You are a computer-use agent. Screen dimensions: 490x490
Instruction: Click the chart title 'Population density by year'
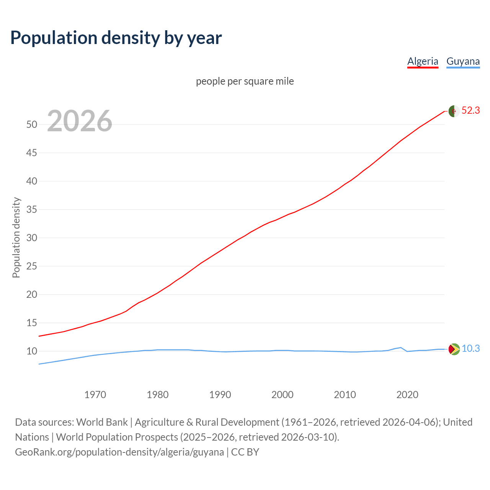pos(116,38)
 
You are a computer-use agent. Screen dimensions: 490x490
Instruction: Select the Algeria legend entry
pos(423,61)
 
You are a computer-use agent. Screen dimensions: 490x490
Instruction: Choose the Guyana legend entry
pos(463,61)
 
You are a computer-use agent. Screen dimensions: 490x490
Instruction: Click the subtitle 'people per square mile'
pos(245,81)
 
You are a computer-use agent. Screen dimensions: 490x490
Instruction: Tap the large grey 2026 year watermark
pos(80,121)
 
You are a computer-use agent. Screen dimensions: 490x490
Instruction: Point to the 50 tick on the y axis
pos(32,124)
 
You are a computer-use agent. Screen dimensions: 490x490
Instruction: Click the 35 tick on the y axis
pos(32,209)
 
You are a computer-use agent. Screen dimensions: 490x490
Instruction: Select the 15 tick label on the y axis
pos(32,323)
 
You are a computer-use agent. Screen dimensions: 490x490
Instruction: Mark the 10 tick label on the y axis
pos(32,351)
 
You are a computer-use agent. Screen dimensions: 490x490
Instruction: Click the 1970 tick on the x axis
pos(95,395)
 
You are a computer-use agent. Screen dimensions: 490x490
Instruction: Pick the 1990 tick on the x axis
pos(220,395)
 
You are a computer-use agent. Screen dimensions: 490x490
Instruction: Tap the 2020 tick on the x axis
pos(407,395)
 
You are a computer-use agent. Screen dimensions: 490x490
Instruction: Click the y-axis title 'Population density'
pos(16,237)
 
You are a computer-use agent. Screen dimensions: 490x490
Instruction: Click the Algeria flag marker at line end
pos(454,111)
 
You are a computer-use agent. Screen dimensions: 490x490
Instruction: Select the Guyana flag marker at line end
pos(454,349)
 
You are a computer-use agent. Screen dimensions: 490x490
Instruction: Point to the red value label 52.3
pos(470,111)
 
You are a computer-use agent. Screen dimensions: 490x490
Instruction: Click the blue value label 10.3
pos(470,349)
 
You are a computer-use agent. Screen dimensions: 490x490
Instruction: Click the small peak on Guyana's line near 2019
pos(400,348)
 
